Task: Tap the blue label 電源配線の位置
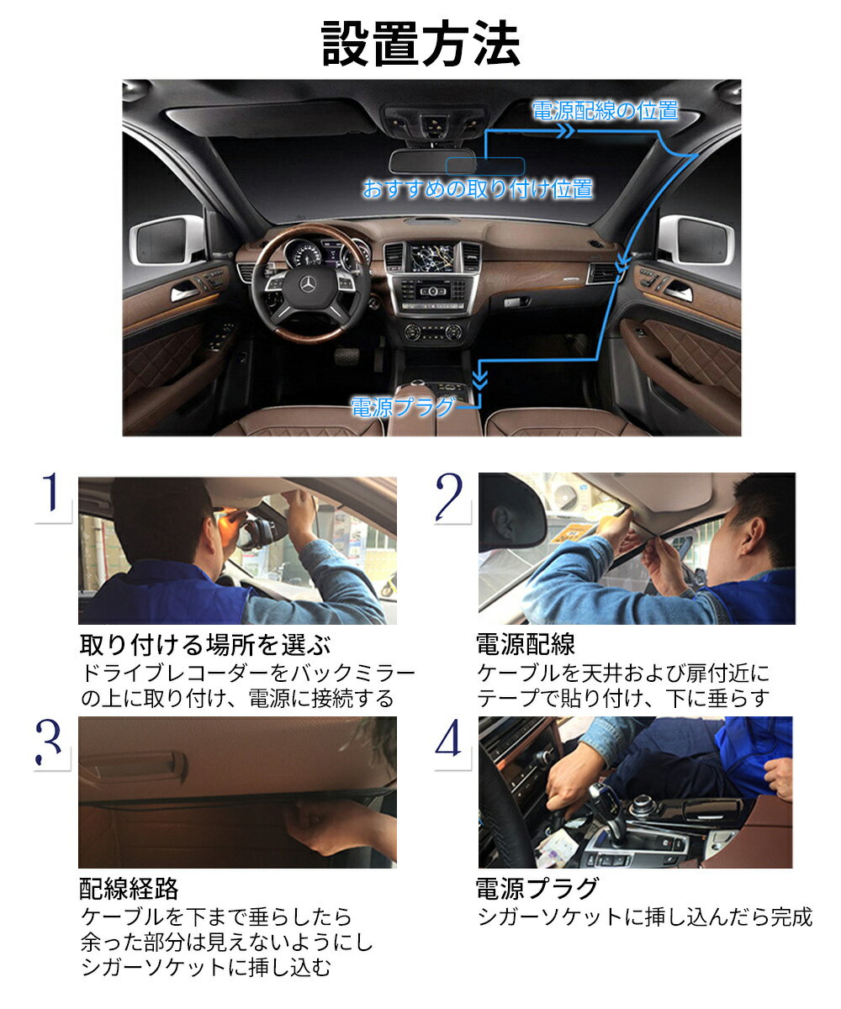point(605,110)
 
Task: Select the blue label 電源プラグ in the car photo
point(403,409)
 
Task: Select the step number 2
point(451,496)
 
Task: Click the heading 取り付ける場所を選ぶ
point(205,646)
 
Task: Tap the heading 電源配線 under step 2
point(526,646)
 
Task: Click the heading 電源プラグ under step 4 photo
point(537,889)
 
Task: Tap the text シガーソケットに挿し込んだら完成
point(645,917)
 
